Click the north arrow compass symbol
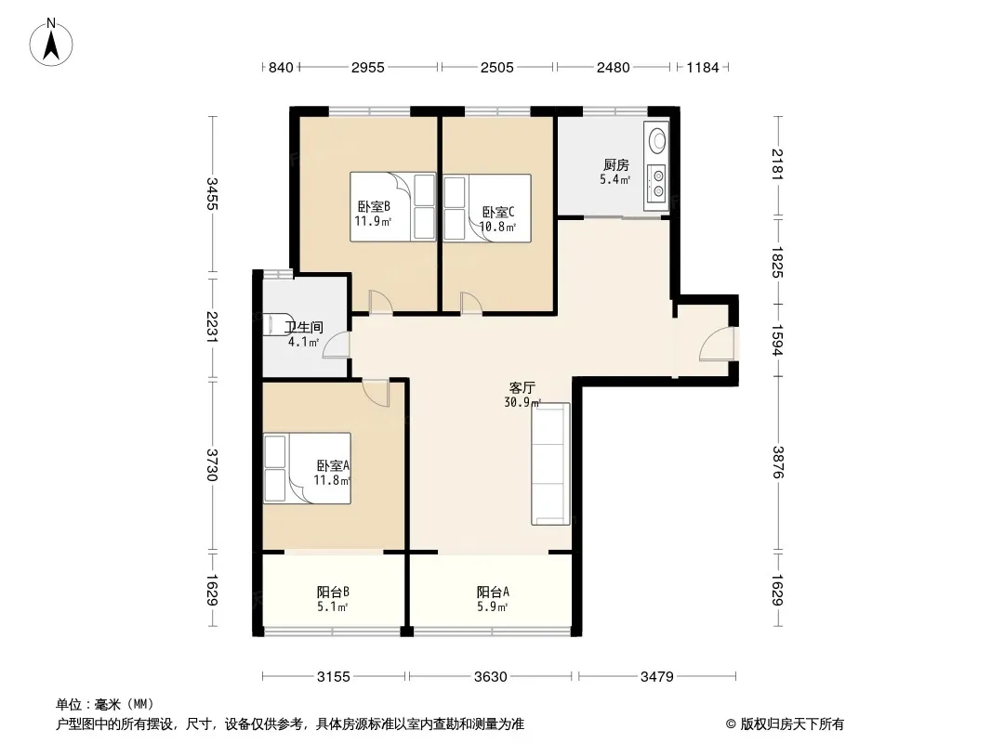51,42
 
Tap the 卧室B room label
374,206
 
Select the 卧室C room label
498,212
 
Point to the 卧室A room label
333,466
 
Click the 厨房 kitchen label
615,165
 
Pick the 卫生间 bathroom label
303,327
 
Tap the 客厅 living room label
522,387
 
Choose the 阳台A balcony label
493,593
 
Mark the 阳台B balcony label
333,593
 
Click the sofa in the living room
550,464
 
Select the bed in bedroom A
307,468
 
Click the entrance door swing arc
716,344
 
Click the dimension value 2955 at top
368,67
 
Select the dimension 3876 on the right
777,463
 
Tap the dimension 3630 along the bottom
491,677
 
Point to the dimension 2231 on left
212,327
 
